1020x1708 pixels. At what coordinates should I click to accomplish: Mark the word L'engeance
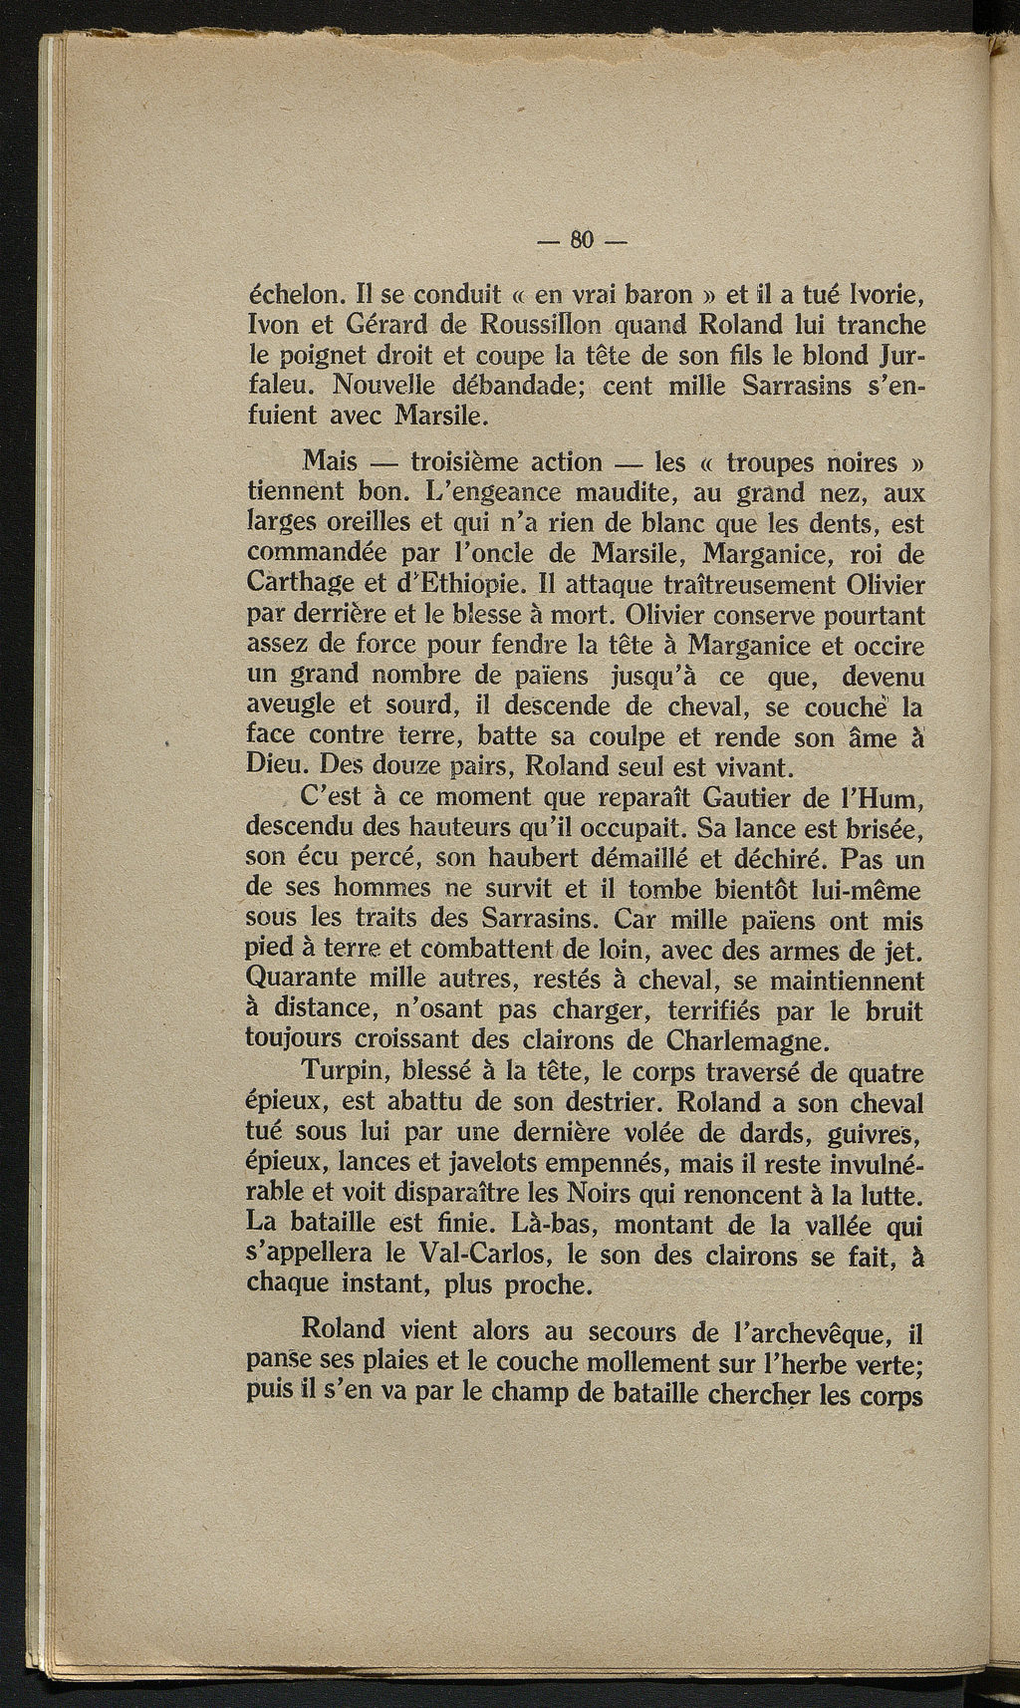coord(489,492)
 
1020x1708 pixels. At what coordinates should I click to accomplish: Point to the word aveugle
coord(294,707)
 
